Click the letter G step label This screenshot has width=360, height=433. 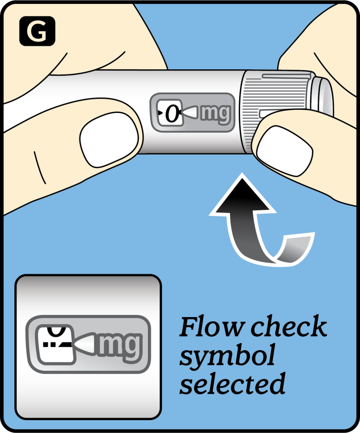[37, 31]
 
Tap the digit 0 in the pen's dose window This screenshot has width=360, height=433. [172, 113]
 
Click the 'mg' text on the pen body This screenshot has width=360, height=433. [215, 113]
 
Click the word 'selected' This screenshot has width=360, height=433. [232, 384]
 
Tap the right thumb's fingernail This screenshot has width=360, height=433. [284, 151]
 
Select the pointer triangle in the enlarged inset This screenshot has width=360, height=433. [85, 344]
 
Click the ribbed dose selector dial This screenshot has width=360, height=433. [276, 110]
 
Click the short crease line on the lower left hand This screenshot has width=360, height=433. [40, 167]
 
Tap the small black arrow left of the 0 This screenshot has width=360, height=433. [160, 113]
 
